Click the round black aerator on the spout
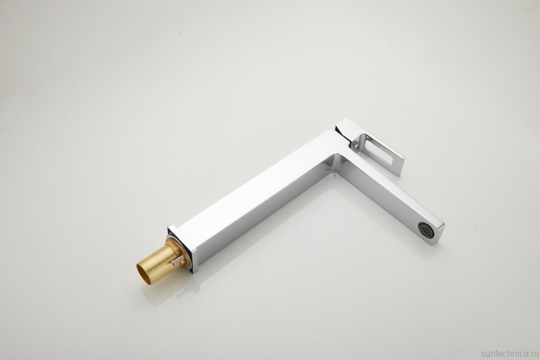coord(424,228)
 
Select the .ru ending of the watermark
coord(532,353)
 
